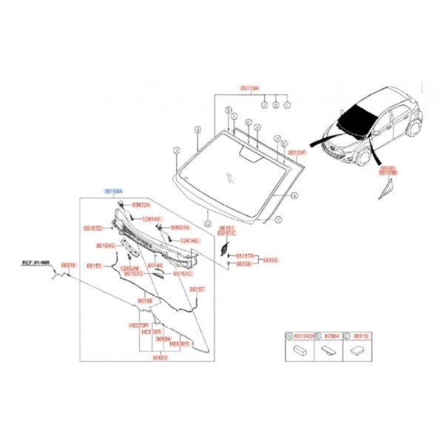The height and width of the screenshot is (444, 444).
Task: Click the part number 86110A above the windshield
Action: coord(249,88)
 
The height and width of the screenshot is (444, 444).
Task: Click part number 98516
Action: coord(68,264)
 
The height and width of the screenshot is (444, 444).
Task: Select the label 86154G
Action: coord(105,245)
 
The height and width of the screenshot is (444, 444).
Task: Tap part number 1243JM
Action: coord(129,269)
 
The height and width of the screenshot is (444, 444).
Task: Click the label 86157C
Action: coord(182,274)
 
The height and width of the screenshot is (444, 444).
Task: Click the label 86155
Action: coord(271,260)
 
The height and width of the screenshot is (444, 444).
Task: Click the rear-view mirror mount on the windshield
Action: coord(248,153)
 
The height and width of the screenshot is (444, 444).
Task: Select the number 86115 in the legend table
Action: coord(360,335)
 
